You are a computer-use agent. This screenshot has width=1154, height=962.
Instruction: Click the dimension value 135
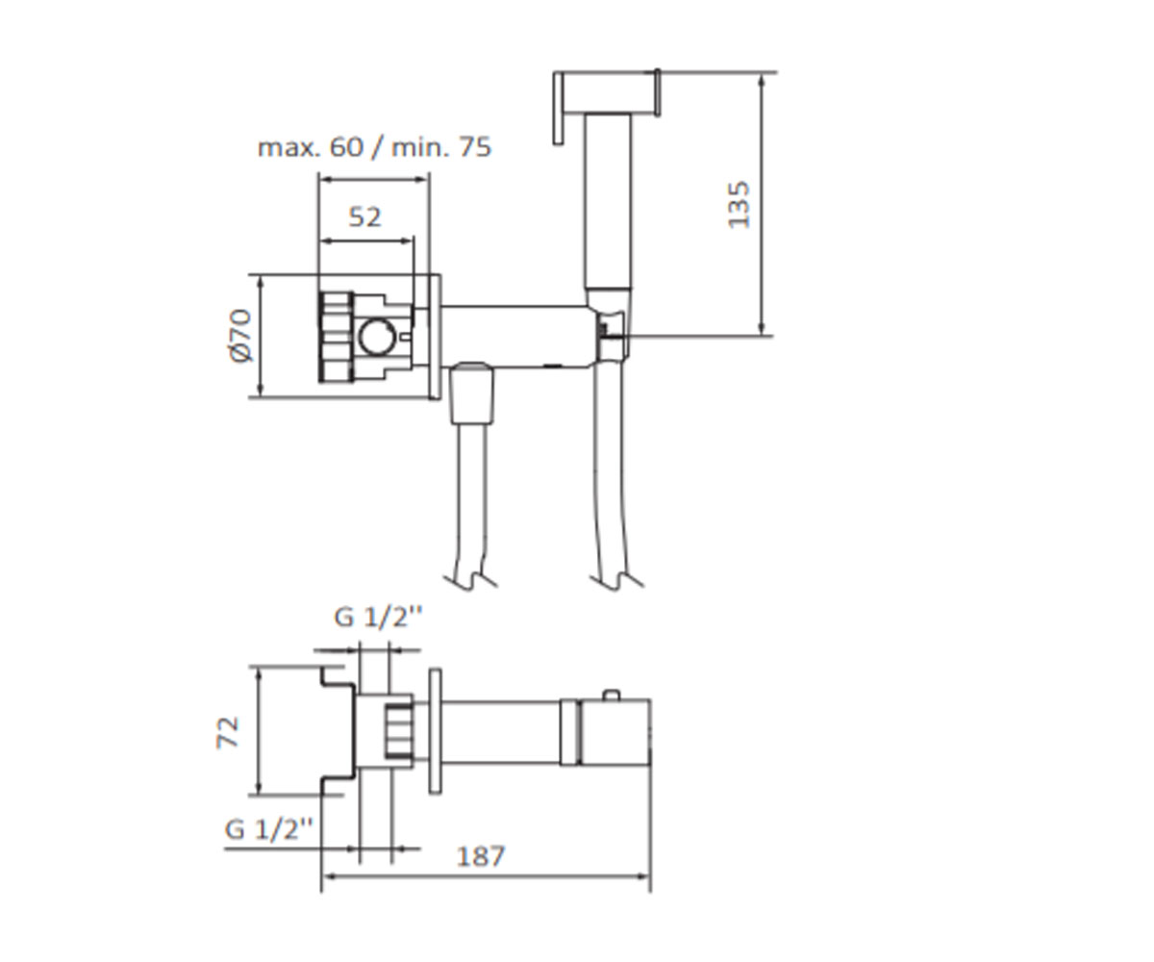coord(739,205)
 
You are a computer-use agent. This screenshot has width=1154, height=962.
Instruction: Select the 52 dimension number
coord(364,217)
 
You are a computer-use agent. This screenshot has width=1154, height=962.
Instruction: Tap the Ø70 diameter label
coord(240,336)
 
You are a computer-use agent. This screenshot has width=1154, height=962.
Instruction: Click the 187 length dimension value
coord(481,856)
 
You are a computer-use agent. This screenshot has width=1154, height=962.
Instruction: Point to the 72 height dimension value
coord(227,732)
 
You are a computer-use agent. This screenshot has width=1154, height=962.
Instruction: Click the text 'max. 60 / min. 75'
coord(374,147)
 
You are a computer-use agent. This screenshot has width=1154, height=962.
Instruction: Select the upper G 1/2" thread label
coord(378,617)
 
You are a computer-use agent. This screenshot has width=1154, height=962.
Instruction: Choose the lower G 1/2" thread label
coord(268,829)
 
